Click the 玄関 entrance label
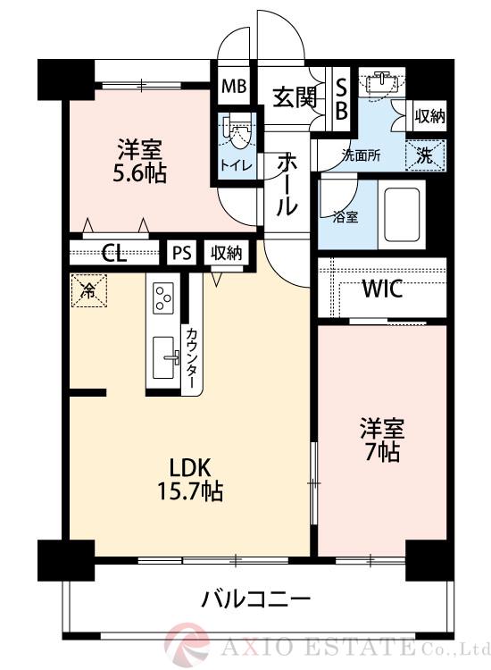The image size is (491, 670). click(295, 97)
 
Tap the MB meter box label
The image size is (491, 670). click(234, 88)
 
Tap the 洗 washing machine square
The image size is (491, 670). click(427, 154)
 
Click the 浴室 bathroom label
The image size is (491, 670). click(345, 215)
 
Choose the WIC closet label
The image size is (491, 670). click(382, 289)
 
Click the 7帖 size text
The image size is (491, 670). click(382, 451)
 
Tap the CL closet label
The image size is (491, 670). click(113, 252)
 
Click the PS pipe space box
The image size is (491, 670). click(182, 252)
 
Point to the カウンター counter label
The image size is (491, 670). click(192, 355)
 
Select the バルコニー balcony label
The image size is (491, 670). click(254, 597)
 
